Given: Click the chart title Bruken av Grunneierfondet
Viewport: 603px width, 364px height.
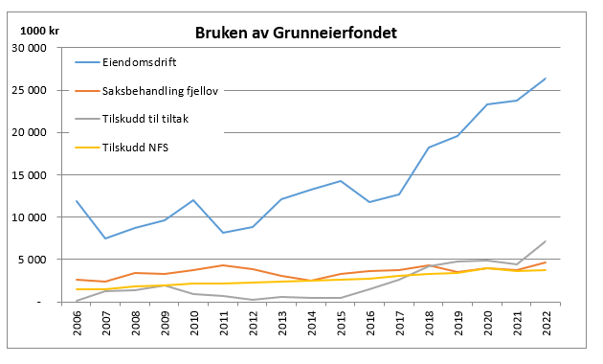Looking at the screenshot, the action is [x=296, y=33].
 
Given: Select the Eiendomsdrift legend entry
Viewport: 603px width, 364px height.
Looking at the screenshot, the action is [x=125, y=62].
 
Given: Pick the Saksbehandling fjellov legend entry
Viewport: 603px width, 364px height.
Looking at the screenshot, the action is [x=146, y=91].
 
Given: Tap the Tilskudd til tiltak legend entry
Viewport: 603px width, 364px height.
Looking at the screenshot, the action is [x=131, y=119].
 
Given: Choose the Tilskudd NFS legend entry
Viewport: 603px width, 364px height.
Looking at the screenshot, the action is [x=122, y=148].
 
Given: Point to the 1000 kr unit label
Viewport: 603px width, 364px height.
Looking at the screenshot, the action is [x=39, y=31].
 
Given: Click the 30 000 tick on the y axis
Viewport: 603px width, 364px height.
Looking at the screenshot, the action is [x=30, y=48].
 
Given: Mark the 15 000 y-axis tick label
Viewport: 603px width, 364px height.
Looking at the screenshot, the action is [x=30, y=175].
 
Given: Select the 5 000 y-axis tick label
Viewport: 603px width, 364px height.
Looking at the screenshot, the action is [x=32, y=260].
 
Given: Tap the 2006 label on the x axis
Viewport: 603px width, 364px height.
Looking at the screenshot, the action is [x=77, y=323].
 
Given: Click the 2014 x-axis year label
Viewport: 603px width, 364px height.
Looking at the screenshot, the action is [x=311, y=323].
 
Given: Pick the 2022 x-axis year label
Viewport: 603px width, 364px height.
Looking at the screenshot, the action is [x=547, y=323].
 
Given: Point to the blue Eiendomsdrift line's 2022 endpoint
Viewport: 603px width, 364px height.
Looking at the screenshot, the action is [x=546, y=79].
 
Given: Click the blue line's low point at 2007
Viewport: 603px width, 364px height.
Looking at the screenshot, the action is [x=105, y=239].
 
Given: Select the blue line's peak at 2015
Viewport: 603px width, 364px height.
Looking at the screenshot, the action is [x=341, y=181].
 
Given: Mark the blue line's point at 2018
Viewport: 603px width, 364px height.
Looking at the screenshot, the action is [x=429, y=148].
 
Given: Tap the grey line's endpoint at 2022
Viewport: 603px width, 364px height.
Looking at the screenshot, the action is [x=546, y=241].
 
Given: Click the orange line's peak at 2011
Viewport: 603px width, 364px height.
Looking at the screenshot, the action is [x=223, y=265].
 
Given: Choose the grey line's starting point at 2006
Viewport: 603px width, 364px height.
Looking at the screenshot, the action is [x=77, y=301].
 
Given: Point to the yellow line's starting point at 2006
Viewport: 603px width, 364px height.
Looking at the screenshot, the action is [x=77, y=289].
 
